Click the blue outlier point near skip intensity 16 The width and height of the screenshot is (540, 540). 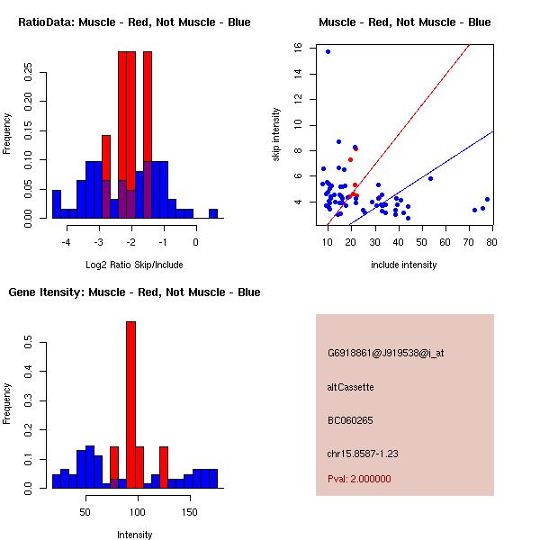(x=328, y=51)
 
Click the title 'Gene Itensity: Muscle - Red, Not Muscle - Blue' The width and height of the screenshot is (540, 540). (x=134, y=292)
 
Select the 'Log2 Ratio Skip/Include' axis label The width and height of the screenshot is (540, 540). (x=134, y=265)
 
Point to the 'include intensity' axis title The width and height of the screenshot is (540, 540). (x=403, y=265)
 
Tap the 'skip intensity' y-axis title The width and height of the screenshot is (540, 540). (x=275, y=134)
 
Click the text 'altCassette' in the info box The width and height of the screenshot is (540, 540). (x=350, y=387)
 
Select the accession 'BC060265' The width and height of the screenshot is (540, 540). (x=350, y=420)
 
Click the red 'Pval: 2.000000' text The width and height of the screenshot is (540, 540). (x=359, y=479)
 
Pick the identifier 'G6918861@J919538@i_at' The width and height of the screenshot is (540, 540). (x=385, y=353)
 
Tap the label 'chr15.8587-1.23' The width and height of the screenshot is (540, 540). (x=363, y=454)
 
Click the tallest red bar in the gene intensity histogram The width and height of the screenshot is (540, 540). (x=130, y=405)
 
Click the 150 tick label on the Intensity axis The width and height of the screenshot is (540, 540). (x=190, y=512)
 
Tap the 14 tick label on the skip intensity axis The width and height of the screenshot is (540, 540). (x=298, y=74)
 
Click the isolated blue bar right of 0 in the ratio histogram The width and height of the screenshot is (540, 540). (x=213, y=213)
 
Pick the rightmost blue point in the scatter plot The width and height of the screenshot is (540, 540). (x=487, y=200)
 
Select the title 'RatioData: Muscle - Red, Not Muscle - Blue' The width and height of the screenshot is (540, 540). (x=134, y=22)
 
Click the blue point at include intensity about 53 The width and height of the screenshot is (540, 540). (x=430, y=178)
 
